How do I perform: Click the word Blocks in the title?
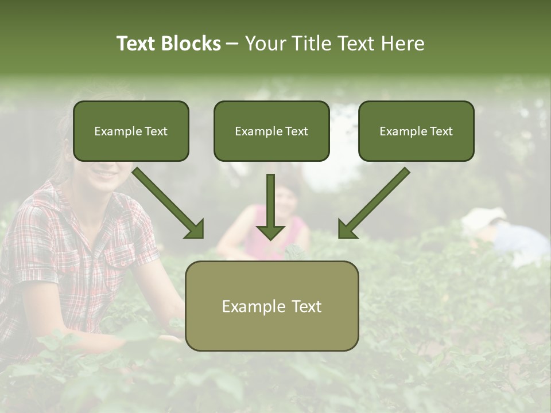click(x=191, y=44)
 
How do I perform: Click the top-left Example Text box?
click(x=131, y=131)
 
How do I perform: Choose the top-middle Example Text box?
click(x=271, y=131)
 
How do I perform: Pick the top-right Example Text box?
click(x=416, y=131)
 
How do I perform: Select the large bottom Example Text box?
click(x=271, y=306)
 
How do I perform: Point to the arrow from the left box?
click(x=169, y=203)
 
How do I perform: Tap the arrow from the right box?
click(x=373, y=203)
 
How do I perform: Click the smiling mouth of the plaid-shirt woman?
click(x=105, y=172)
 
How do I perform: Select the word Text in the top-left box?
click(x=156, y=131)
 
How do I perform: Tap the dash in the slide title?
click(x=232, y=44)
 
